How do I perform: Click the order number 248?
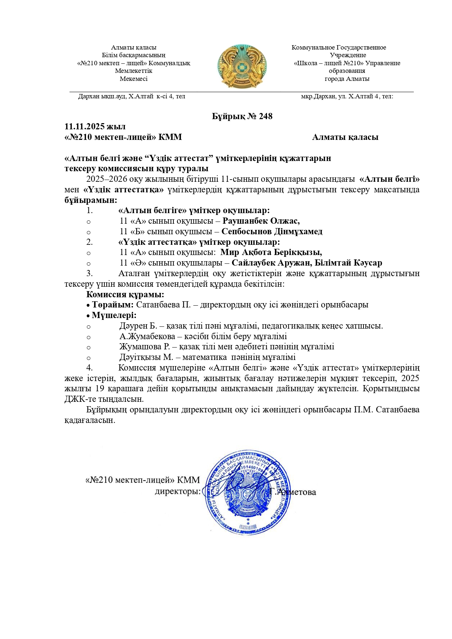click(x=266, y=116)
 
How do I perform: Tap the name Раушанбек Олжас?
click(x=261, y=221)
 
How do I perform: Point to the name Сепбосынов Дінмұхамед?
click(x=272, y=231)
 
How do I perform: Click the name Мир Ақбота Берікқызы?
click(x=271, y=252)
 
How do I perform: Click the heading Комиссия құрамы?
click(x=125, y=294)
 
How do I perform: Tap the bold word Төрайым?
click(x=113, y=305)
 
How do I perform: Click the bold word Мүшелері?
click(x=114, y=315)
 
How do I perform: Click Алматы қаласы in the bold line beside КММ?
click(x=345, y=137)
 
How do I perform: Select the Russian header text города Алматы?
click(x=347, y=79)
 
